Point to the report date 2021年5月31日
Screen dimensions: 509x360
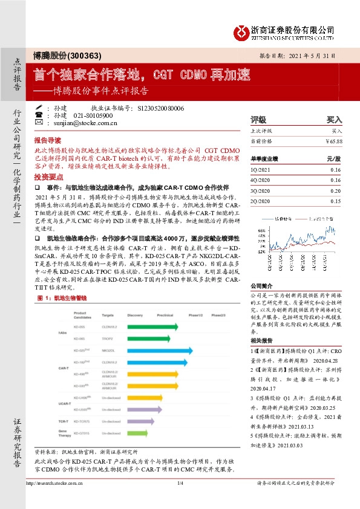[316, 55]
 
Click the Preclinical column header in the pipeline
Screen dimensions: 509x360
[165, 316]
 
